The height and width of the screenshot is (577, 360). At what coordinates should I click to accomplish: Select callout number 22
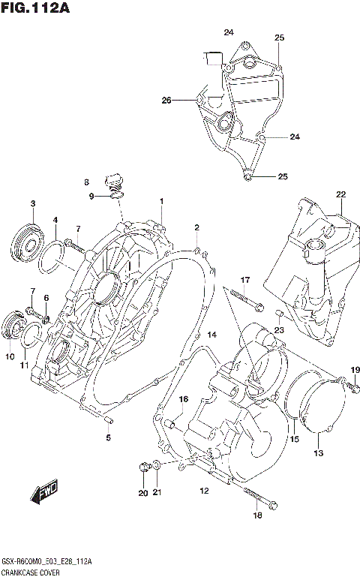[340, 195]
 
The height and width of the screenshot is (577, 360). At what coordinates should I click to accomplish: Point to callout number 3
[32, 204]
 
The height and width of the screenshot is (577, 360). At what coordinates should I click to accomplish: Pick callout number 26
[166, 100]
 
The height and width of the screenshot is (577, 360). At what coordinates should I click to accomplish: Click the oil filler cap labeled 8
[114, 182]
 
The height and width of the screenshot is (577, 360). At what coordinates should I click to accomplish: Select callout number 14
[211, 335]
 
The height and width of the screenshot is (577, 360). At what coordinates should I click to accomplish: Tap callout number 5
[108, 437]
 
